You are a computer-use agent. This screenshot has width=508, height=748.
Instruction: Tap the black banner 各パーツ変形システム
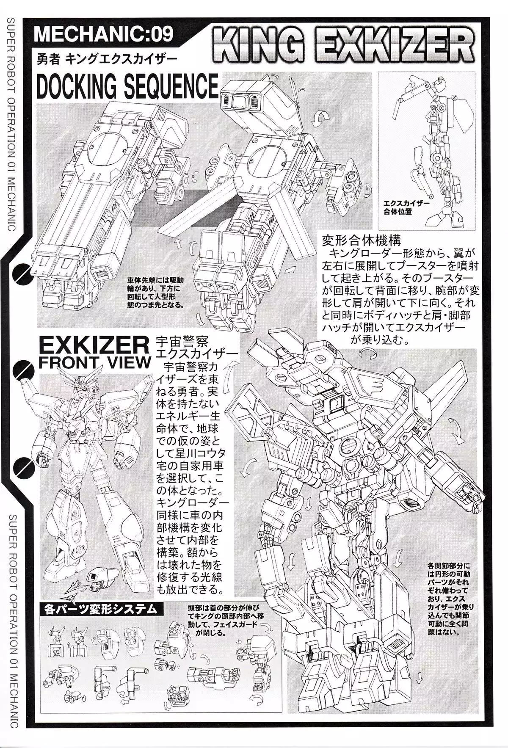point(101,609)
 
